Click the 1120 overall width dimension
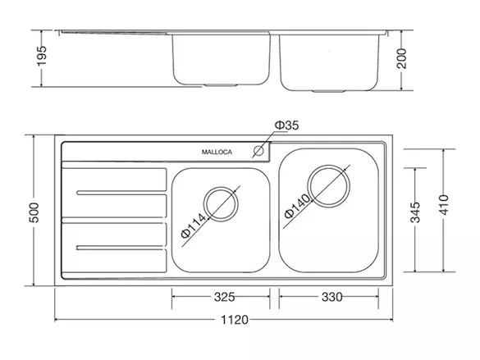click(x=235, y=320)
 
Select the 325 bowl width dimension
click(x=224, y=297)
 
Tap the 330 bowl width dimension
click(x=332, y=297)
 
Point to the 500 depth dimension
click(x=34, y=212)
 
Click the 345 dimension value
click(x=415, y=212)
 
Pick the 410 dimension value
click(x=444, y=205)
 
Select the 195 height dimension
click(x=42, y=56)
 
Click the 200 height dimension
click(x=401, y=58)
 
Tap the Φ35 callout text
click(x=286, y=125)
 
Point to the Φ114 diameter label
click(x=194, y=226)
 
